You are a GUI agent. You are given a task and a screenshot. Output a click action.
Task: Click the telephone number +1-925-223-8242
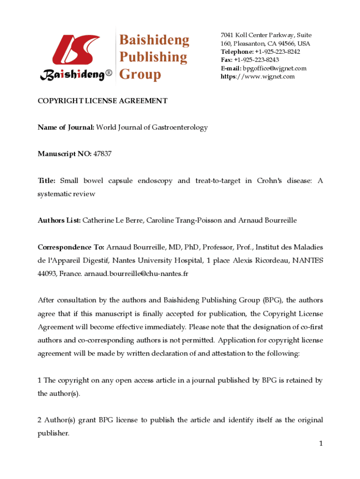277,51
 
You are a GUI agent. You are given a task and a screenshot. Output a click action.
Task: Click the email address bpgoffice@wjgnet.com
275,68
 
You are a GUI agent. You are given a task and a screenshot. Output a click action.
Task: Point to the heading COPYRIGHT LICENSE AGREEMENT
102,101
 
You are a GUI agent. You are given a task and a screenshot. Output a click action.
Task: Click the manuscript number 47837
102,153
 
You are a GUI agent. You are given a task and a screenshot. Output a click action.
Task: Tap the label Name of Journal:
66,127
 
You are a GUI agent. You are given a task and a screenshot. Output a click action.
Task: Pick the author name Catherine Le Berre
112,220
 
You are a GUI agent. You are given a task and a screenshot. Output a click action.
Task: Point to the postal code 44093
47,273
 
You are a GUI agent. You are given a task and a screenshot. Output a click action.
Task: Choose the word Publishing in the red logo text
153,57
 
